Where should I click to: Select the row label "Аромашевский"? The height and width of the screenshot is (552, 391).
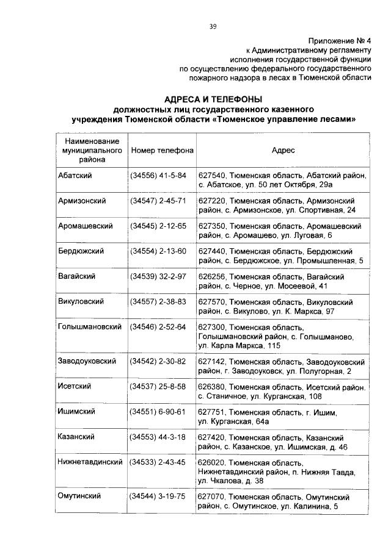pyautogui.click(x=85, y=226)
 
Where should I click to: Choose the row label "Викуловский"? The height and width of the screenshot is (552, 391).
pyautogui.click(x=81, y=302)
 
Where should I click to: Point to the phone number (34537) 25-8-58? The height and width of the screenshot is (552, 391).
pyautogui.click(x=159, y=387)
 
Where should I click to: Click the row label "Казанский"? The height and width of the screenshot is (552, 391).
pyautogui.click(x=75, y=437)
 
